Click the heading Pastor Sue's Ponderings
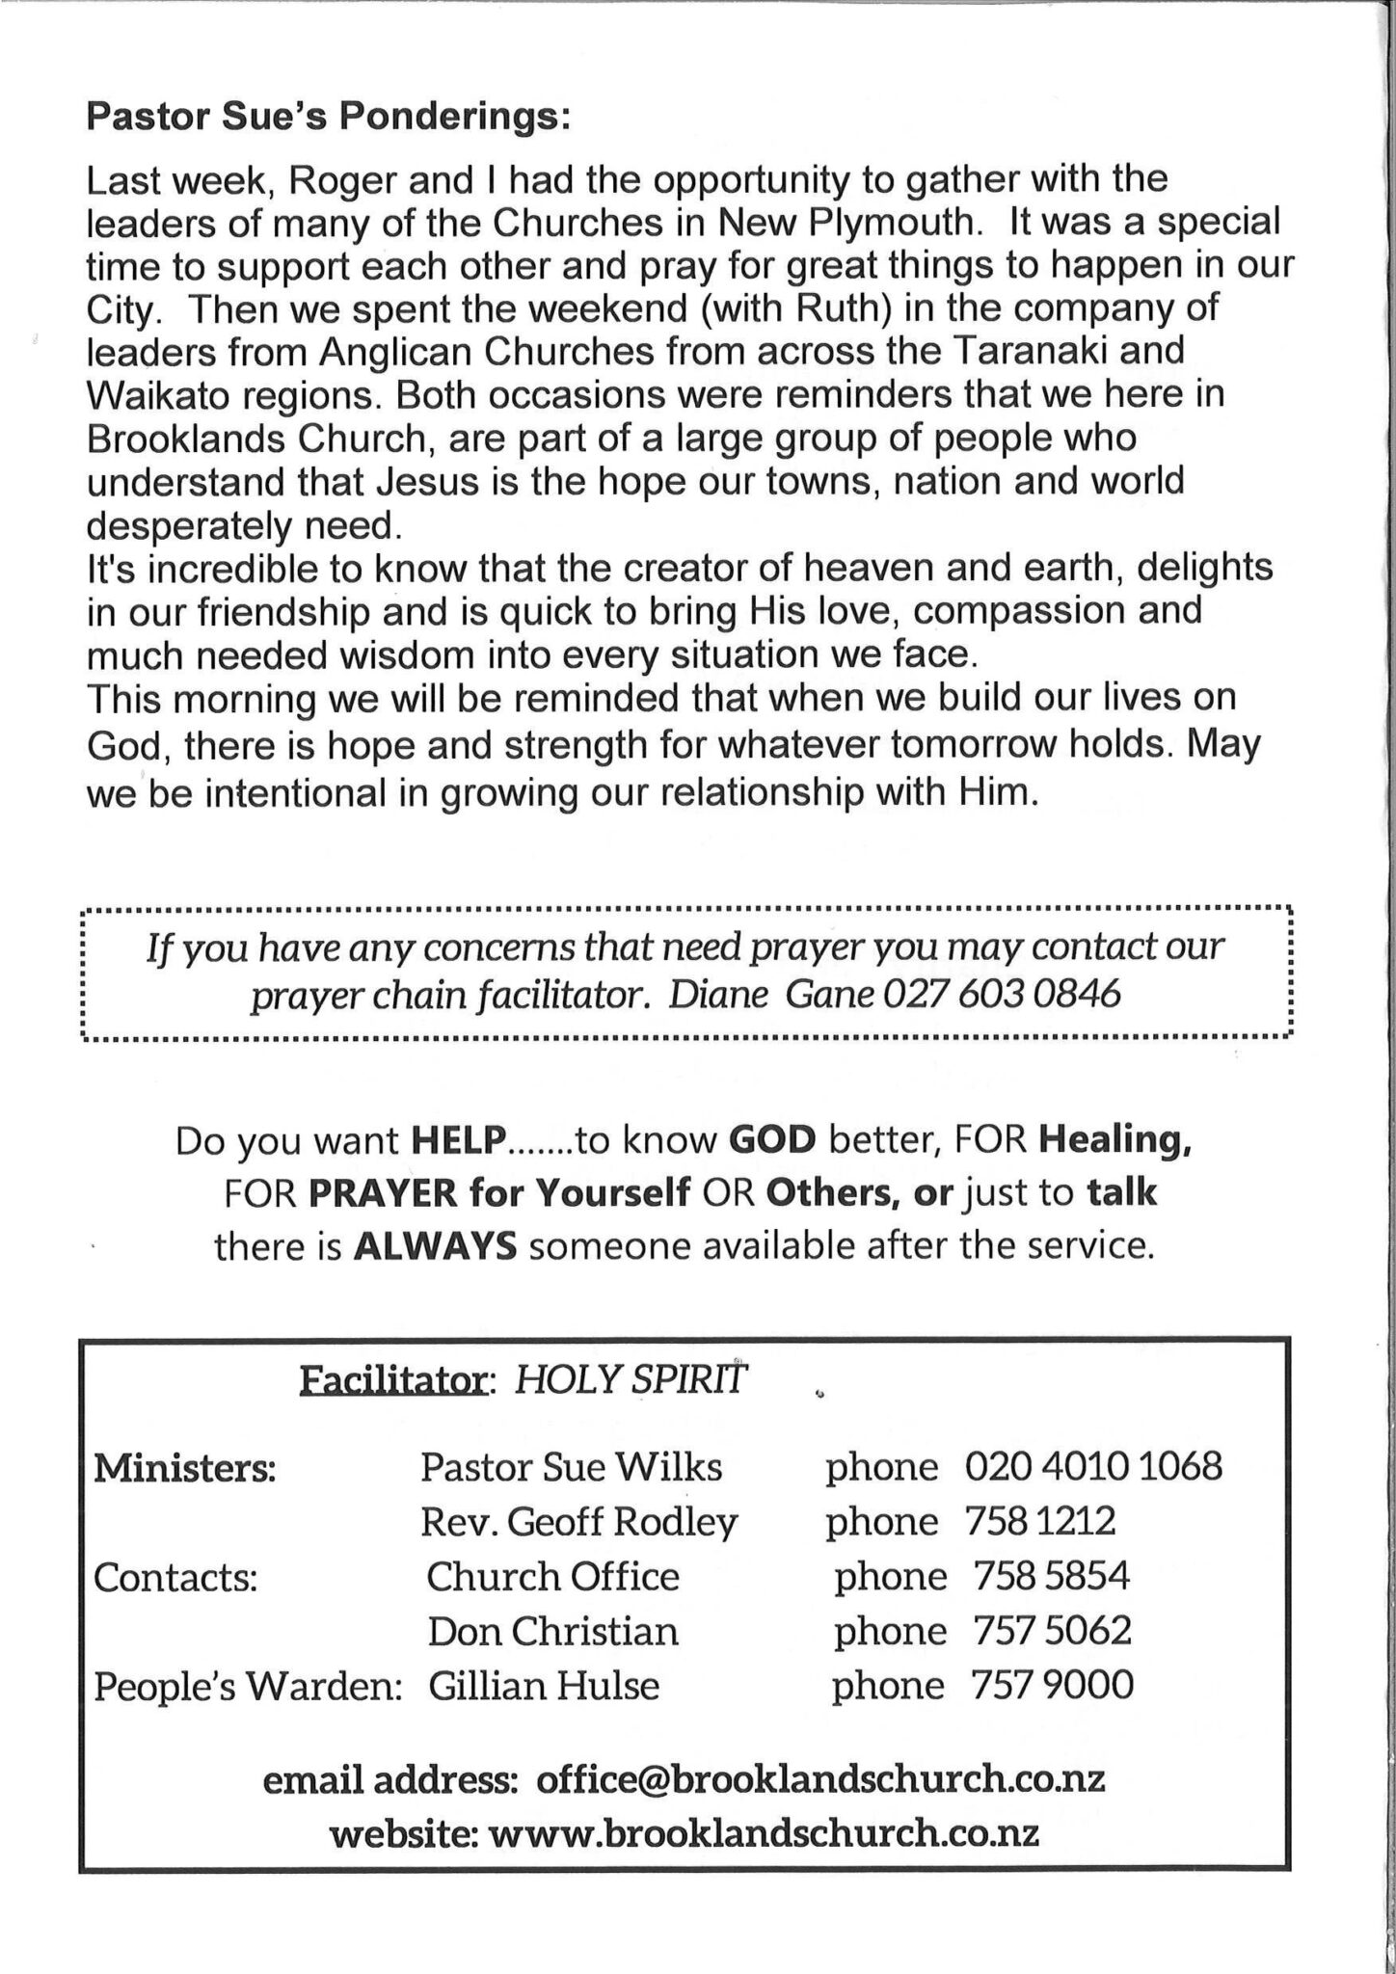coord(329,118)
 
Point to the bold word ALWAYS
coord(436,1247)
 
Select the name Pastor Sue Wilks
coord(571,1468)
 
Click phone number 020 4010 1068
coord(1093,1468)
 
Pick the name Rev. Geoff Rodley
coord(578,1522)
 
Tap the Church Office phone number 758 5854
coord(1052,1577)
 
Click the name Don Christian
coord(553,1631)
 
